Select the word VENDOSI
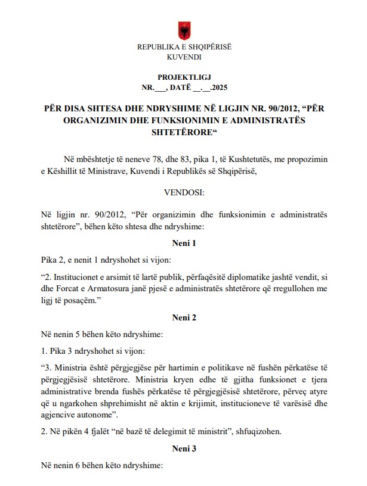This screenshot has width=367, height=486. click(184, 192)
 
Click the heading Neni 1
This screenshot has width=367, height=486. click(184, 243)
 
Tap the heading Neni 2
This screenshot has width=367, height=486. click(184, 317)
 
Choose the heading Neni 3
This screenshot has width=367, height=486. click(184, 446)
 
